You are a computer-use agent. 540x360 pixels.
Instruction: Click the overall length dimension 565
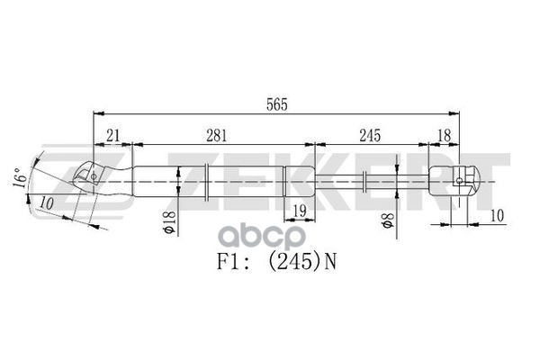pos(277,105)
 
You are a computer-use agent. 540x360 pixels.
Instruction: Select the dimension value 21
pos(112,135)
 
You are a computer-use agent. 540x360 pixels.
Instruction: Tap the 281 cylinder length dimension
pos(215,135)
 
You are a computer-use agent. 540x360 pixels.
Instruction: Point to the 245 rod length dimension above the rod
pos(369,135)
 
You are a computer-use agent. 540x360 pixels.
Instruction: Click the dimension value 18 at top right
pos(444,135)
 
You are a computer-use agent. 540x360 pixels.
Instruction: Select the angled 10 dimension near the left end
pos(47,203)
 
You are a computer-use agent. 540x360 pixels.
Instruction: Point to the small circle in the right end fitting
pos(460,181)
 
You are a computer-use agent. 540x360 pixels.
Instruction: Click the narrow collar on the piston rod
pos(365,181)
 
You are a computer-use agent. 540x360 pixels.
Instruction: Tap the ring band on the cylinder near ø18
pos(208,181)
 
